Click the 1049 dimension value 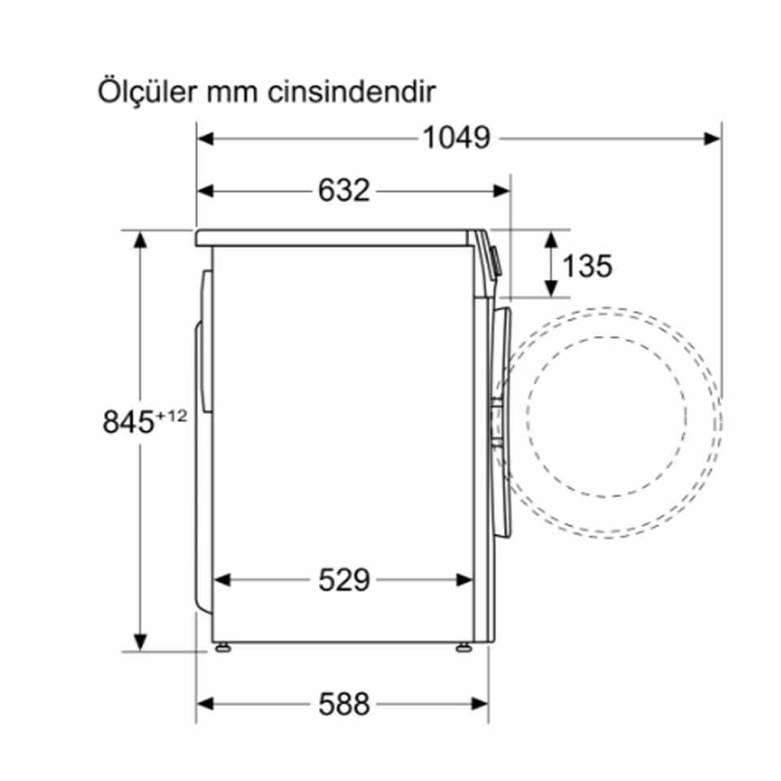456,138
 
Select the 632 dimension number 343,190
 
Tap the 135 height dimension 587,265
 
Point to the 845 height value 129,422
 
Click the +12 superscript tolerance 172,416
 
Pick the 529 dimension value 343,580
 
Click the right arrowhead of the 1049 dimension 713,138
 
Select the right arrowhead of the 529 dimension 465,580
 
